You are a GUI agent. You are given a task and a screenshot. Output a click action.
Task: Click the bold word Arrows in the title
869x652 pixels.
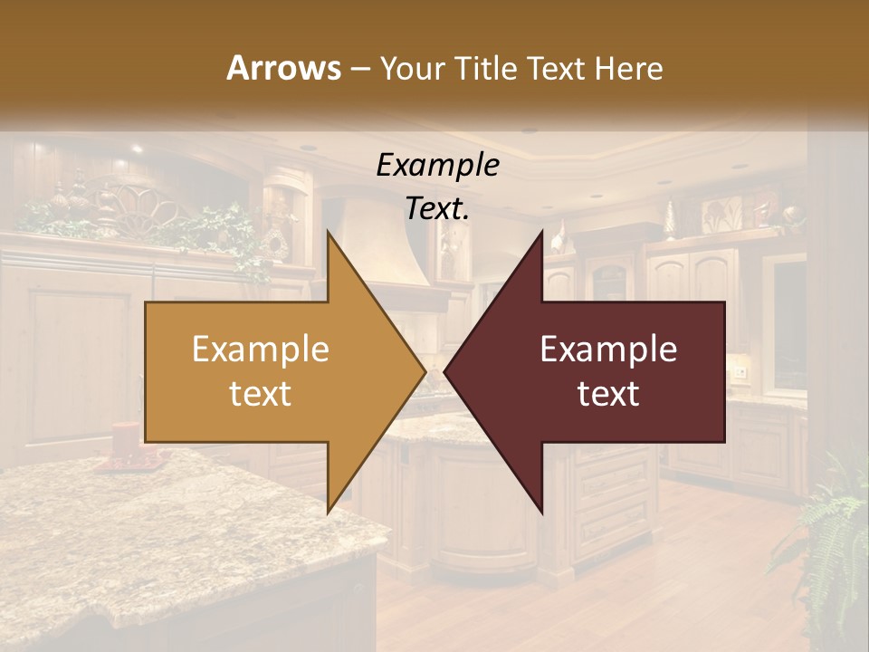(x=283, y=68)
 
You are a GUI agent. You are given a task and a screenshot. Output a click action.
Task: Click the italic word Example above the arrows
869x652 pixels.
(x=437, y=165)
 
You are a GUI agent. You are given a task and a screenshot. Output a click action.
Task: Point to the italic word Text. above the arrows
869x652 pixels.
(x=437, y=208)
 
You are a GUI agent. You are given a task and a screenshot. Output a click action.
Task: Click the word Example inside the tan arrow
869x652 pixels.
(x=260, y=350)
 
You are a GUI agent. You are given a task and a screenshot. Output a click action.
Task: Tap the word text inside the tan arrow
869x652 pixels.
(x=260, y=393)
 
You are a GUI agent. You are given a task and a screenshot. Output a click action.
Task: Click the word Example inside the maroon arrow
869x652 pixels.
(x=608, y=350)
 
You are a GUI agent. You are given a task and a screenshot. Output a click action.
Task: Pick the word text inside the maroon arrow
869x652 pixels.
(x=608, y=393)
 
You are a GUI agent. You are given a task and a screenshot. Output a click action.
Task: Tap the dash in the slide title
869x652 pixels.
(x=359, y=69)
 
